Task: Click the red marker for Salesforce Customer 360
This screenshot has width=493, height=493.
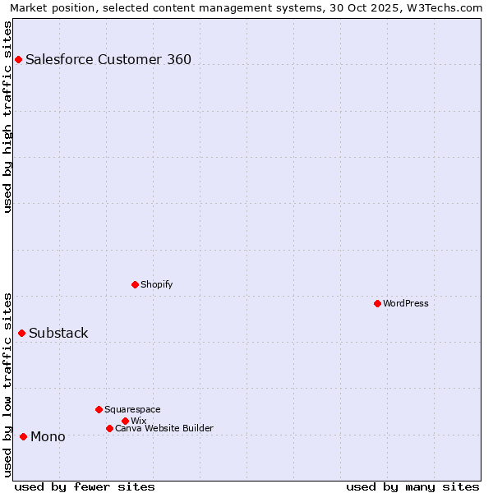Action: [x=18, y=59]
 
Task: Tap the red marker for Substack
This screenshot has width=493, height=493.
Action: [x=21, y=333]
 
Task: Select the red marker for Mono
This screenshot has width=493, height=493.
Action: [x=23, y=436]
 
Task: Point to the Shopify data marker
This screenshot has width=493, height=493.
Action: [x=135, y=284]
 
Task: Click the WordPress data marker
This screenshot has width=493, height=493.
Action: [x=377, y=303]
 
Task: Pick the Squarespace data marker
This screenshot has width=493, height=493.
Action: [x=99, y=409]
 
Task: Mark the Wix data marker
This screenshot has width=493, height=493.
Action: [x=125, y=421]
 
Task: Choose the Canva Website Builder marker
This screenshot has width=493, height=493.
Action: [x=109, y=428]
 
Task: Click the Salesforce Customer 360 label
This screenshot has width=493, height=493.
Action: [x=108, y=59]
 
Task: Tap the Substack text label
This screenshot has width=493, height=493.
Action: [x=58, y=333]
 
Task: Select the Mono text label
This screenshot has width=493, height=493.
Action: [x=48, y=436]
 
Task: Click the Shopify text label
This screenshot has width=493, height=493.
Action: [x=156, y=284]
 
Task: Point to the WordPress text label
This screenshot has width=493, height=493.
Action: [x=406, y=303]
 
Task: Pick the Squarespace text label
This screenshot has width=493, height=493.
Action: [x=132, y=409]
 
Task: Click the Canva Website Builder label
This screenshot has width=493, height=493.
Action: [x=164, y=428]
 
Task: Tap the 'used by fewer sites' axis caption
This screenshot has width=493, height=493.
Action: [x=85, y=486]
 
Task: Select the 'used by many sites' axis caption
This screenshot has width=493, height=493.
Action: [x=412, y=486]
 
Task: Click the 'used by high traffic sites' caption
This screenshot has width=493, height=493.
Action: [x=8, y=117]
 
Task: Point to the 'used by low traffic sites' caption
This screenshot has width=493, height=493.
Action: [x=8, y=384]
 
